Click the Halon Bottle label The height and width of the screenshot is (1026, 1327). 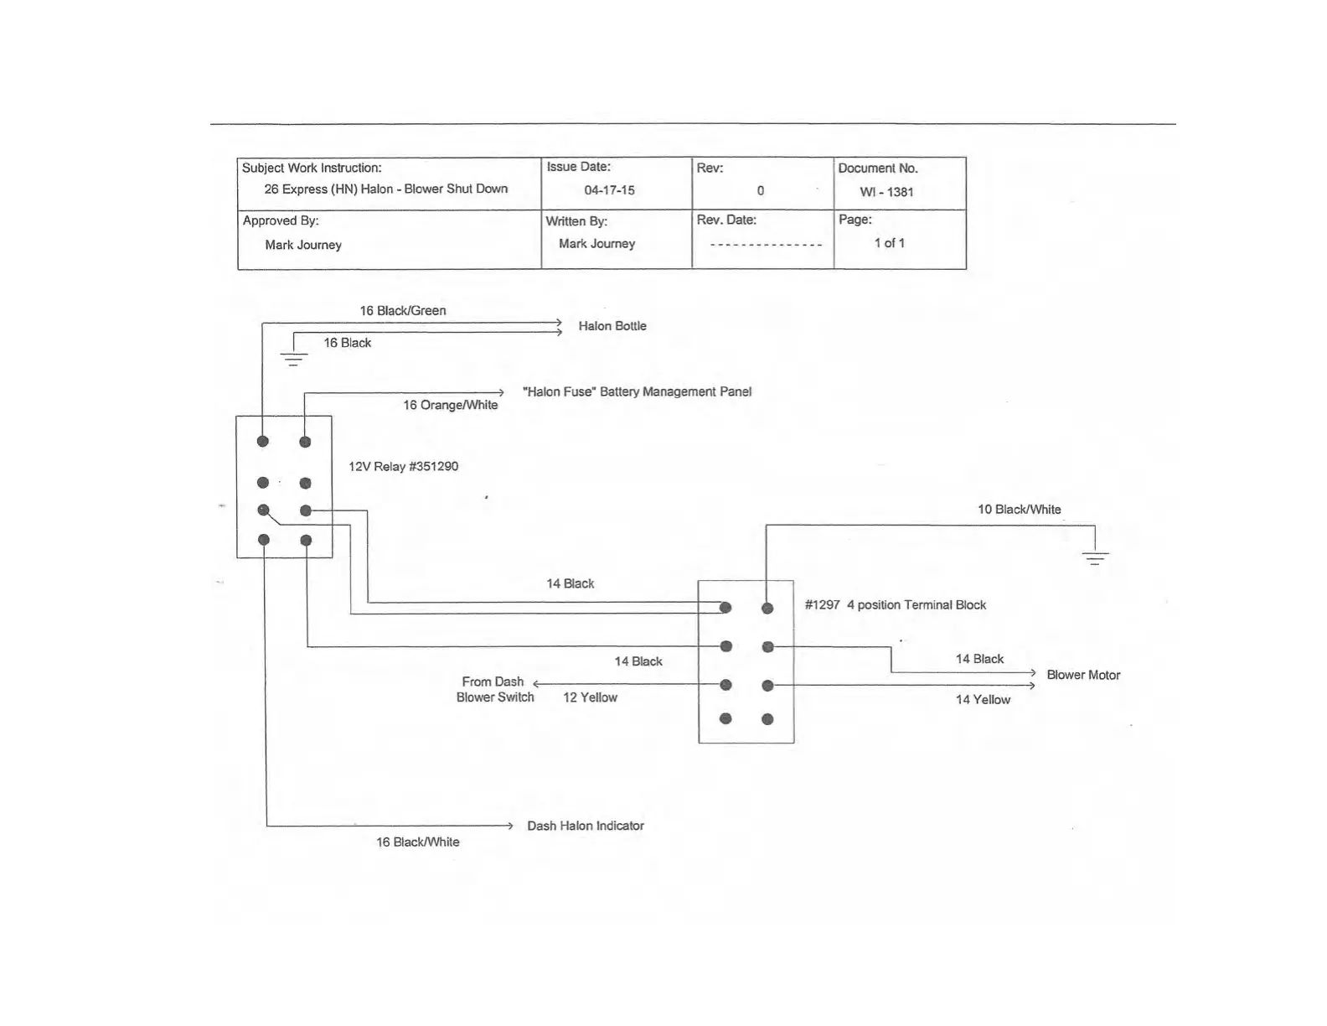612,326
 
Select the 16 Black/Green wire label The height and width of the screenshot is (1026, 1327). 403,311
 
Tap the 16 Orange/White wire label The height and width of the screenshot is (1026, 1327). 450,406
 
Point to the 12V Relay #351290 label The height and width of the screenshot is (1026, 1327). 403,467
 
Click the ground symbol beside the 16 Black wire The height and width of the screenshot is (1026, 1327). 293,358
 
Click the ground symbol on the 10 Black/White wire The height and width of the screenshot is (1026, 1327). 1095,557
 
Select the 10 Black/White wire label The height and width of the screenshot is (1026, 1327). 1019,510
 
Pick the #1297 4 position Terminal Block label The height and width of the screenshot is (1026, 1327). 895,605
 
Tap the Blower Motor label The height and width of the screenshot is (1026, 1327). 1083,676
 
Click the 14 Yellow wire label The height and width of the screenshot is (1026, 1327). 983,700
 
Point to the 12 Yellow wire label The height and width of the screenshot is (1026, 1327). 590,697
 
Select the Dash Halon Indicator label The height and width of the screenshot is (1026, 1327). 585,826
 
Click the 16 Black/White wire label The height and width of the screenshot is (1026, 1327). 417,842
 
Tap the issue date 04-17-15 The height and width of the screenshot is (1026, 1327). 609,190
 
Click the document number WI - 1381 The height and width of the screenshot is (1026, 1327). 886,192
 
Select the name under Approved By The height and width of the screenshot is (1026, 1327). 303,246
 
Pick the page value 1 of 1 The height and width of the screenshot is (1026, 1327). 889,243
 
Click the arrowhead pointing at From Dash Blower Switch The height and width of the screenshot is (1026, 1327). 537,685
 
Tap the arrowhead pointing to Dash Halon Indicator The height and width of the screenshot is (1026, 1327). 509,826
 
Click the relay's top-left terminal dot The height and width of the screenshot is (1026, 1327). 263,442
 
